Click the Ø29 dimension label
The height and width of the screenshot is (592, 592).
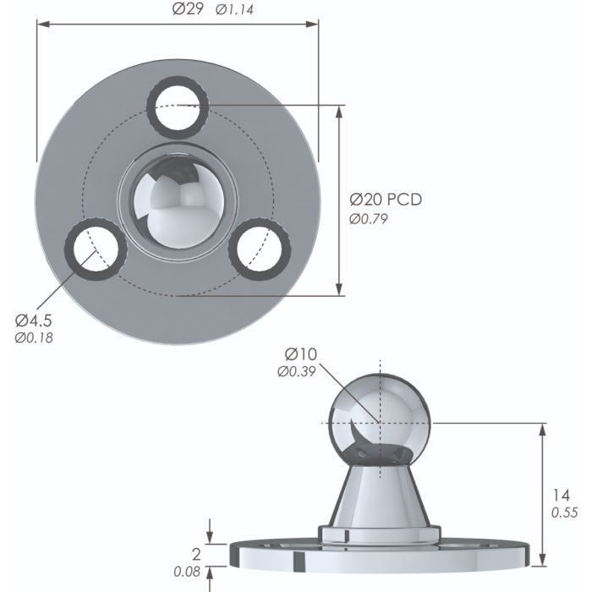click(x=187, y=9)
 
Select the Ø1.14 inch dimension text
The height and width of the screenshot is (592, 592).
click(x=236, y=10)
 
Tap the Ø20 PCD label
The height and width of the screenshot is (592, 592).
click(x=386, y=200)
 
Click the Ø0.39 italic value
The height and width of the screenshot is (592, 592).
click(x=297, y=370)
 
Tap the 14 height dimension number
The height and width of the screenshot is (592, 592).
click(x=559, y=496)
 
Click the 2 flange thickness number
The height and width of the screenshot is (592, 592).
click(x=196, y=555)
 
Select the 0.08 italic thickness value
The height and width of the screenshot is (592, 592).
click(x=187, y=572)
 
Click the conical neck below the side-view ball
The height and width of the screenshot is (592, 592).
click(x=380, y=495)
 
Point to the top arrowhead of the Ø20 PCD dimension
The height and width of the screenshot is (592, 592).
click(x=341, y=110)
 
